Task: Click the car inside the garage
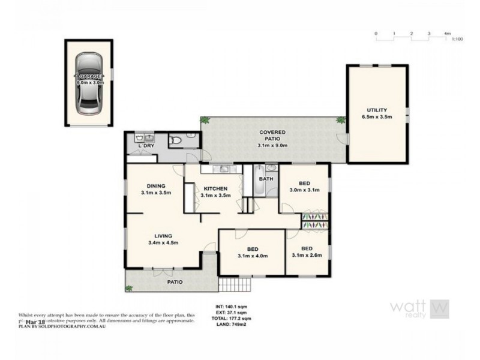pyautogui.click(x=88, y=83)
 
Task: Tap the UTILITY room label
pyautogui.click(x=377, y=110)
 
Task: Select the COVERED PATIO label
pyautogui.click(x=272, y=131)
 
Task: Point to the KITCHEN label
pyautogui.click(x=214, y=188)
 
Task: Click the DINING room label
pyautogui.click(x=155, y=186)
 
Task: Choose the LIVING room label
pyautogui.click(x=163, y=236)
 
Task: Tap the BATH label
pyautogui.click(x=266, y=179)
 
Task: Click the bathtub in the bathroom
pyautogui.click(x=257, y=190)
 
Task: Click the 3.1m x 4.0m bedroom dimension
pyautogui.click(x=252, y=256)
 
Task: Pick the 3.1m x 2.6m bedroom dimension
pyautogui.click(x=307, y=256)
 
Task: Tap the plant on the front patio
pyautogui.click(x=129, y=288)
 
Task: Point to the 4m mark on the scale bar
pyautogui.click(x=448, y=33)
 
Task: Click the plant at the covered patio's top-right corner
pyautogui.click(x=341, y=120)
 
